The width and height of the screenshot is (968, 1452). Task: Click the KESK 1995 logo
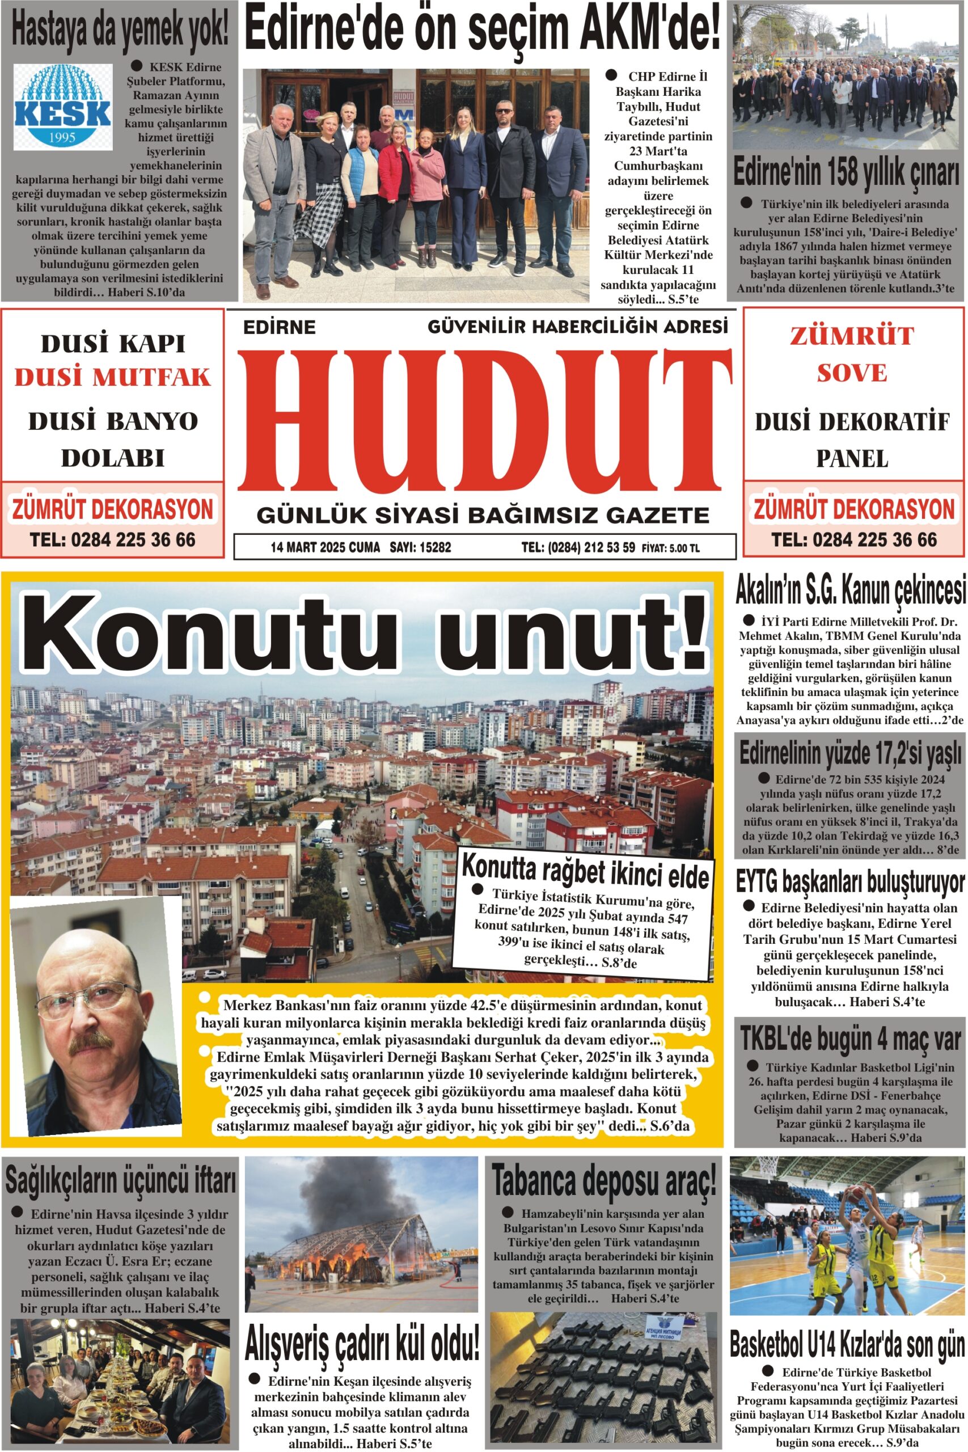pos(63,107)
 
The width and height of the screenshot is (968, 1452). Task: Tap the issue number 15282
pos(434,547)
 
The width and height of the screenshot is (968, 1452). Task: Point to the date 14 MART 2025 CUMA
pos(325,547)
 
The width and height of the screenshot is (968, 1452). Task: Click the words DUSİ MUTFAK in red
pos(113,378)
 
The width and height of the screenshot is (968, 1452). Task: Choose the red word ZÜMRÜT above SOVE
pos(851,336)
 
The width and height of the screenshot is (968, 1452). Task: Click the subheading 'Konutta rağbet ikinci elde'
pos(585,870)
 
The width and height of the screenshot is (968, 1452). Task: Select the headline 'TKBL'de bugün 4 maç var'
pos(850,1039)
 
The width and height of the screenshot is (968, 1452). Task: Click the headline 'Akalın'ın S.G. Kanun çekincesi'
pos(850,591)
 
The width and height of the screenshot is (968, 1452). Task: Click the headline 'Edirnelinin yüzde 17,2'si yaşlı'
pos(850,754)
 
